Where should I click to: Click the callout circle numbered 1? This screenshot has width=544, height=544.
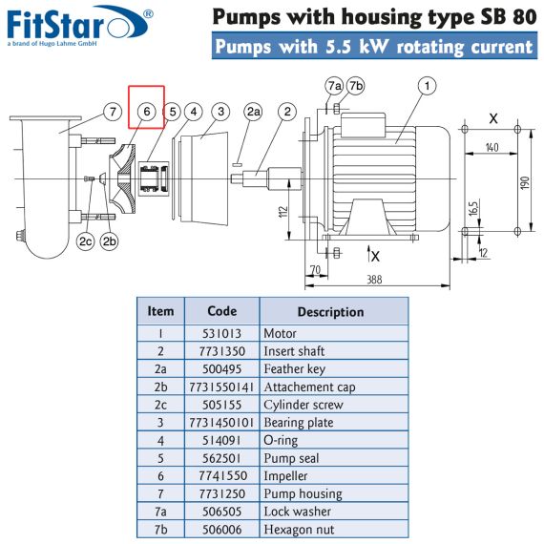[427, 86]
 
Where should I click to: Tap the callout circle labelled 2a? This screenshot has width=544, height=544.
[253, 112]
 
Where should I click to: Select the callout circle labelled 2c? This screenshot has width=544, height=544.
[85, 241]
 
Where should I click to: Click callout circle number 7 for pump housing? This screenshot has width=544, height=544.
[113, 112]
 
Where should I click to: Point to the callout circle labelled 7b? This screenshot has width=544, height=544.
[356, 86]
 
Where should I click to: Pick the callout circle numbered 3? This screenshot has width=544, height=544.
[221, 112]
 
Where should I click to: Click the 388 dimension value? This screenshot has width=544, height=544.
[374, 280]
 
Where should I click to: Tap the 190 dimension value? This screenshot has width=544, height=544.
[525, 182]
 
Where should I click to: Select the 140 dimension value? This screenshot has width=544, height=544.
[492, 147]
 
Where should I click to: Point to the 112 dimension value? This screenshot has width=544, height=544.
[283, 212]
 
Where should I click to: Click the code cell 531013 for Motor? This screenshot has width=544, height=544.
[221, 333]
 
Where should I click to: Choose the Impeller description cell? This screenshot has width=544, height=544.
[334, 475]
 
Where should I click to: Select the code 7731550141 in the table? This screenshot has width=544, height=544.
[221, 387]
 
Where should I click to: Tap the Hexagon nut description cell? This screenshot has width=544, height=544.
[334, 530]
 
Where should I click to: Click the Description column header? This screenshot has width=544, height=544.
[330, 312]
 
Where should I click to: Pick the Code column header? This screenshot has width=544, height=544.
[222, 311]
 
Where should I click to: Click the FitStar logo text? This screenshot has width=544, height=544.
[55, 25]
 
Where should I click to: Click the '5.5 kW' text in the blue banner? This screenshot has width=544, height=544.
[356, 46]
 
